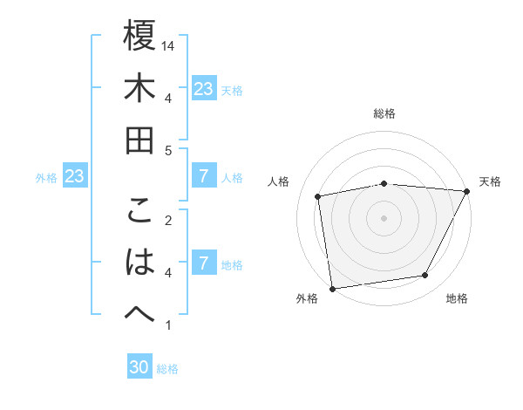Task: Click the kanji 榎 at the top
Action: tap(139, 36)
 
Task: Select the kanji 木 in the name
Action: tap(139, 88)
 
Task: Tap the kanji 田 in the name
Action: tap(139, 140)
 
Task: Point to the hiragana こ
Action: tap(139, 210)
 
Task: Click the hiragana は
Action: tap(139, 263)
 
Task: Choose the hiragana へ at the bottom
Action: tap(139, 315)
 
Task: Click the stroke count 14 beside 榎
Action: tap(169, 44)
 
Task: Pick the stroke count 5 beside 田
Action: tap(169, 150)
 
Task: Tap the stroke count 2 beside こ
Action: tap(169, 220)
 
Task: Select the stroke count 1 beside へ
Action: tap(169, 325)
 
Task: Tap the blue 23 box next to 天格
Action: tap(204, 89)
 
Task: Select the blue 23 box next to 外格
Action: tap(75, 177)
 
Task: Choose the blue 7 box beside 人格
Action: tap(204, 177)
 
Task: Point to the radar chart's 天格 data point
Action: tap(468, 191)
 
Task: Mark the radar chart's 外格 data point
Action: tap(332, 288)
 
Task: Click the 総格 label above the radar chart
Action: tap(384, 113)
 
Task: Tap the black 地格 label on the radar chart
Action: tap(457, 299)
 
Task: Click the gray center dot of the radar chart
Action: tap(384, 217)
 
